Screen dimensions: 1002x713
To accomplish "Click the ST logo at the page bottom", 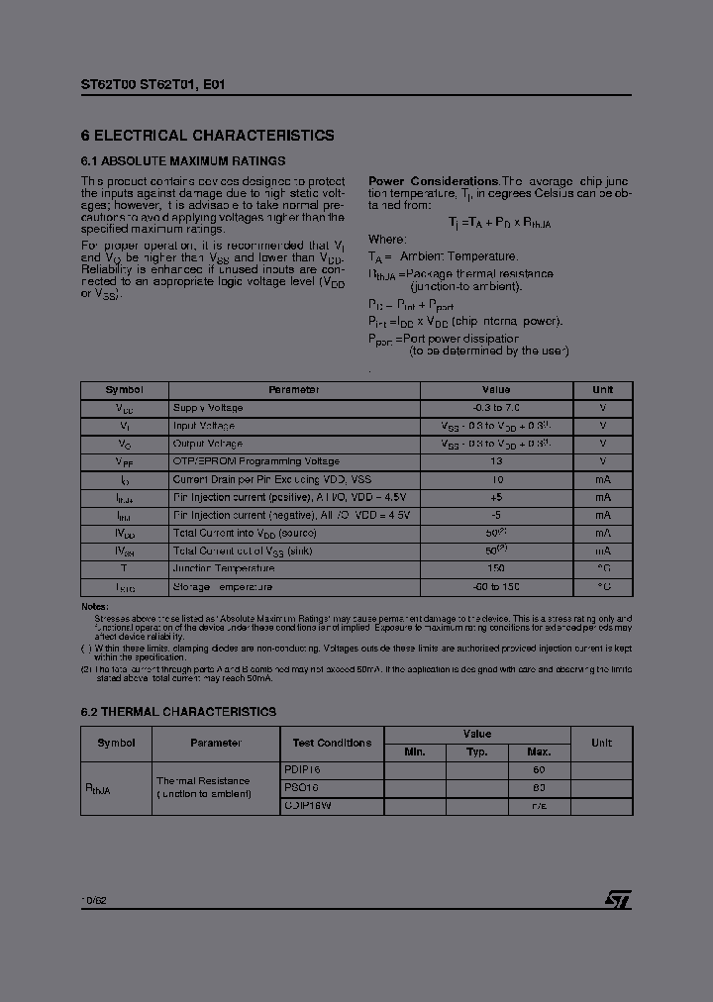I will [x=618, y=899].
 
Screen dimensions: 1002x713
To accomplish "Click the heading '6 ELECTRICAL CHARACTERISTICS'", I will [x=207, y=136].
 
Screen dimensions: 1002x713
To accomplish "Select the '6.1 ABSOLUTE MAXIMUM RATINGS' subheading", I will [x=183, y=160].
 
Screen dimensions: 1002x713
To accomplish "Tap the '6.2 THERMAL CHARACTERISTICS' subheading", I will [x=178, y=712].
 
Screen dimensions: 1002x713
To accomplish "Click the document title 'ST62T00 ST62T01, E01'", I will [x=153, y=85].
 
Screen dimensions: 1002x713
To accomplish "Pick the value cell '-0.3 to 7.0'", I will [x=496, y=408].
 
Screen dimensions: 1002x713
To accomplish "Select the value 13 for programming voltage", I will [x=496, y=461].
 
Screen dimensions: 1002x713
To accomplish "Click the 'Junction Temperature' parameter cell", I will [x=224, y=568].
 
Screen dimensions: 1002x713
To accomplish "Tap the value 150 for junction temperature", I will [x=496, y=568].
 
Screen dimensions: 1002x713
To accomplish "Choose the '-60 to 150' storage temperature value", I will [x=496, y=586].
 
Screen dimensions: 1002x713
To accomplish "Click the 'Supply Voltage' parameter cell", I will [x=208, y=408].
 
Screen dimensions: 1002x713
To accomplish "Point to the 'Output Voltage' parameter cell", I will [x=208, y=444].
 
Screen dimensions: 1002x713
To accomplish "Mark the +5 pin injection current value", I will [x=496, y=497].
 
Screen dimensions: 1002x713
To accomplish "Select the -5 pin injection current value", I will [x=496, y=515].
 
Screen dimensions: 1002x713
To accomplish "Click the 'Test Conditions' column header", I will [x=332, y=743].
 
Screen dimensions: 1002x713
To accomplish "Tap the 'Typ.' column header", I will [x=476, y=752].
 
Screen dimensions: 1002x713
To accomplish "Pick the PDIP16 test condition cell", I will [x=302, y=769].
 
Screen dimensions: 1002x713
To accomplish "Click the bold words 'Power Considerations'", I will [x=433, y=181].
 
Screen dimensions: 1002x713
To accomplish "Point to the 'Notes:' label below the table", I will [x=95, y=606].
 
